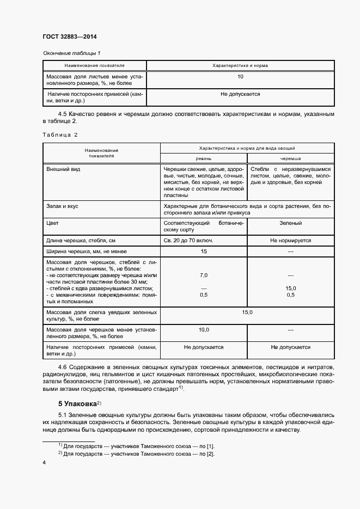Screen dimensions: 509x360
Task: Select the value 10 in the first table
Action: tap(240, 77)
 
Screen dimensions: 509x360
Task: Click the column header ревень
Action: tap(204, 158)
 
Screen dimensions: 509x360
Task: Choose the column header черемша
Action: tap(290, 158)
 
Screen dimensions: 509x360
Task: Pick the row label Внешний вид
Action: tap(63, 169)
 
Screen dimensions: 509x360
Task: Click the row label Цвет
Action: tap(53, 223)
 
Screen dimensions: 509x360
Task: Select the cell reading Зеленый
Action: tap(290, 223)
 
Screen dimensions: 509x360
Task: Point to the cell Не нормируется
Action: tap(290, 240)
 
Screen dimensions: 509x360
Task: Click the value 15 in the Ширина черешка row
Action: tap(204, 251)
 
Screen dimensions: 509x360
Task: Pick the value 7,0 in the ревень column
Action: tap(204, 275)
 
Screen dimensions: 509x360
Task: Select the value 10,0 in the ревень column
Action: tap(204, 330)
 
